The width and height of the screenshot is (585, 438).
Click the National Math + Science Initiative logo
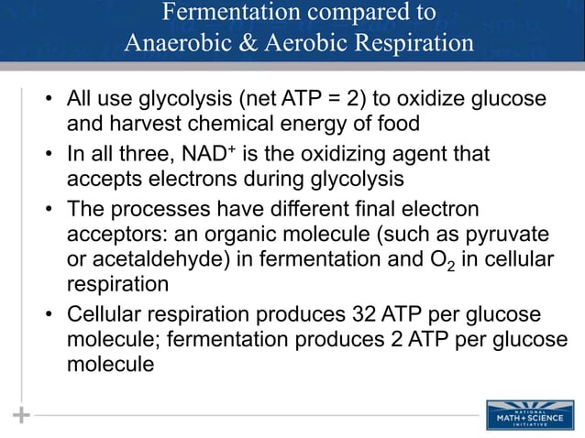530,415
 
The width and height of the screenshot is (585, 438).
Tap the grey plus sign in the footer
21,415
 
